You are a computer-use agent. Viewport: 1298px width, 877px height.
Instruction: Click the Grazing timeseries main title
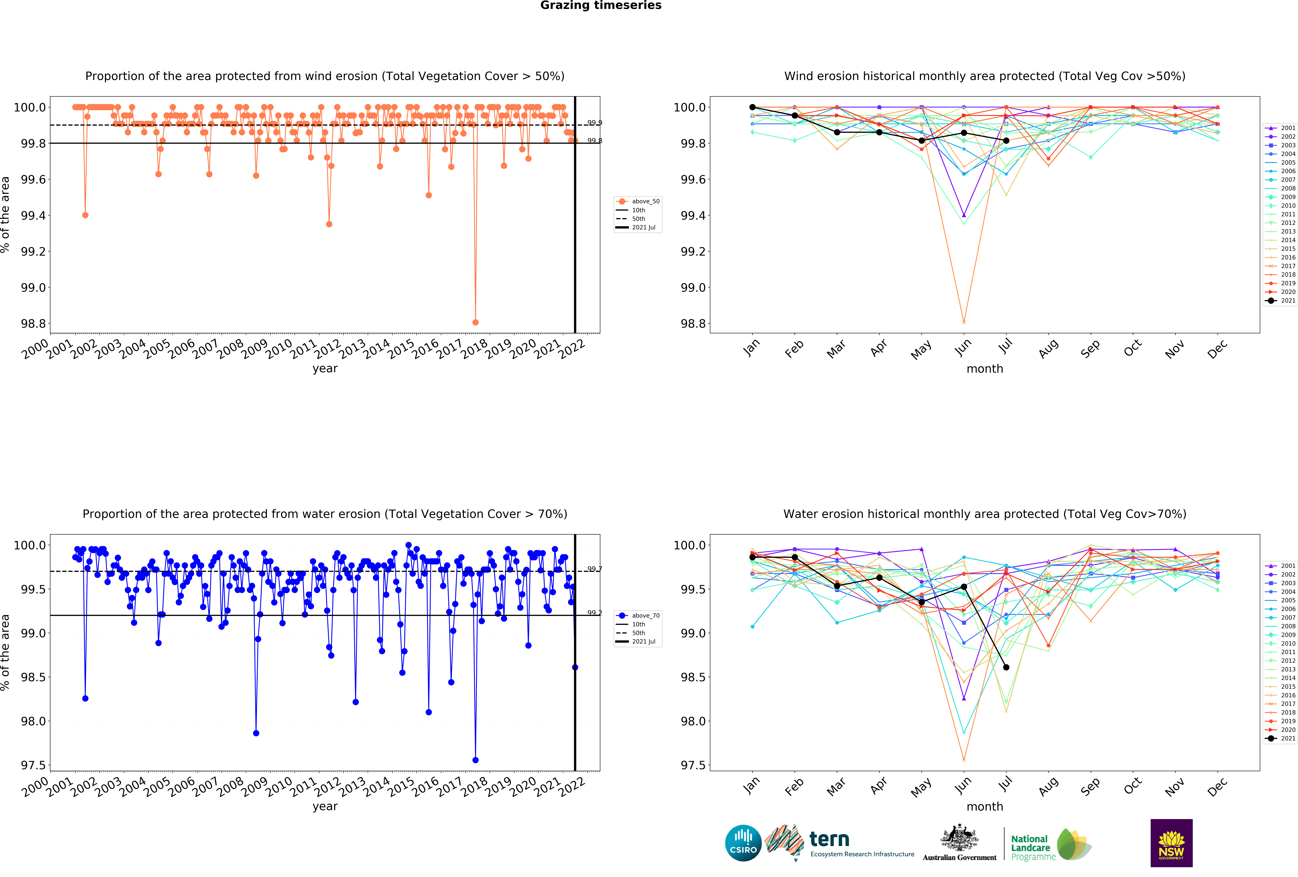pos(600,6)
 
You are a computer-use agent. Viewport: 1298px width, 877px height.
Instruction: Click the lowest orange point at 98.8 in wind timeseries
pos(475,322)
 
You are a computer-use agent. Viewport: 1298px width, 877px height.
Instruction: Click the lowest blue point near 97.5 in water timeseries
pos(475,760)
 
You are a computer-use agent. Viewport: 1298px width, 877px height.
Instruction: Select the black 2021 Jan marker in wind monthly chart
pos(752,107)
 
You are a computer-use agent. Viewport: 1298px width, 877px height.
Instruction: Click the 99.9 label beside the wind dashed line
pos(594,123)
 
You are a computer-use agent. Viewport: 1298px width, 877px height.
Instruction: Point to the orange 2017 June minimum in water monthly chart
pos(964,760)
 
